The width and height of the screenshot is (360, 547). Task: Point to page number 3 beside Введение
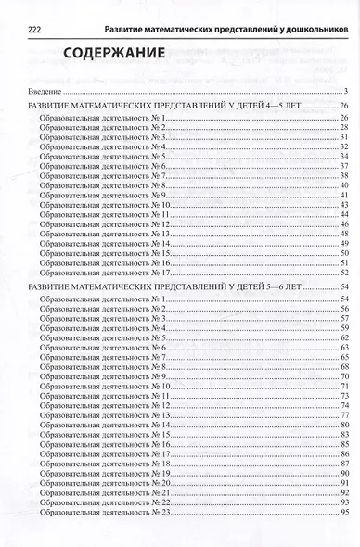click(344, 93)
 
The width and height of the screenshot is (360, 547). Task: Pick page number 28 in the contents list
click(342, 128)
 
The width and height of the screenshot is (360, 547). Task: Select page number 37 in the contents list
click(342, 166)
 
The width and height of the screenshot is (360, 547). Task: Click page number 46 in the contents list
click(342, 224)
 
